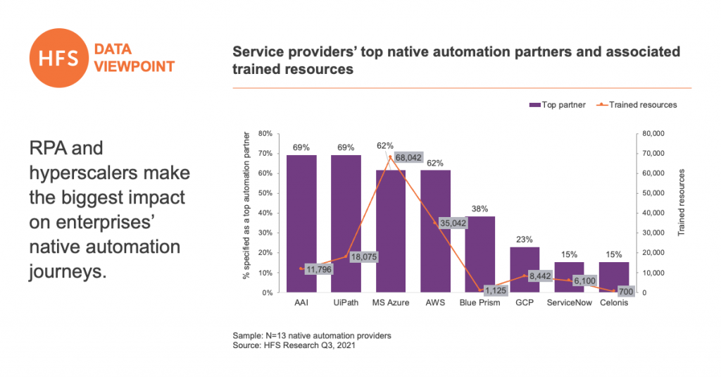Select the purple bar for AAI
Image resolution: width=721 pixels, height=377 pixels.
pos(301,224)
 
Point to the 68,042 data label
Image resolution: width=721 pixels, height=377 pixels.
pos(408,158)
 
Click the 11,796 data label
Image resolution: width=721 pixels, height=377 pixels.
pos(318,268)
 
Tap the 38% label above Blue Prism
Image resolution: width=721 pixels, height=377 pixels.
pos(479,209)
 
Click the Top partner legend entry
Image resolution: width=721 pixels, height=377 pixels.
pos(556,105)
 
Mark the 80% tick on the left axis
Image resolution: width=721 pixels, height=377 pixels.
pos(265,133)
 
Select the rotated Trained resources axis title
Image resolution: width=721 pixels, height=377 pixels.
pos(682,202)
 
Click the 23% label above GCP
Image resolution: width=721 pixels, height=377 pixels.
pos(525,239)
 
